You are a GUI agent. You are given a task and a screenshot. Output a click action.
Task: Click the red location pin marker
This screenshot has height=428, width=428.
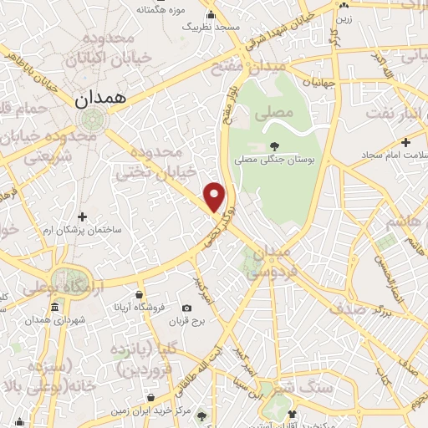click(216, 196)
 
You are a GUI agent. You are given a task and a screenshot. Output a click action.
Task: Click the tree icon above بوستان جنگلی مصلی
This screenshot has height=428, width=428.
click(273, 145)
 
